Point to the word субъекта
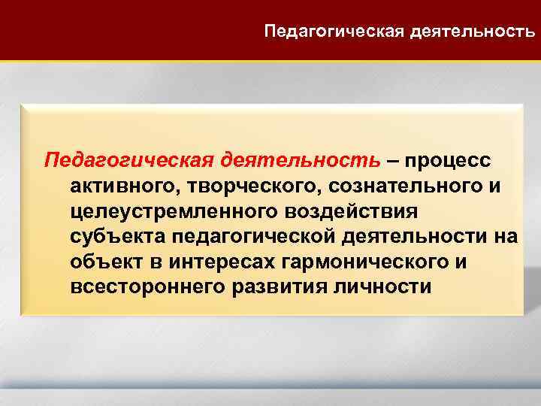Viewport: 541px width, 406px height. click(115, 238)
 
